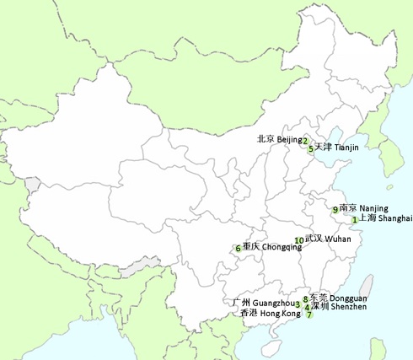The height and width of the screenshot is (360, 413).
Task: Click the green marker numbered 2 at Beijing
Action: [305, 141]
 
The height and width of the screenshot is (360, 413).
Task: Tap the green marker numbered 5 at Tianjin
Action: [311, 149]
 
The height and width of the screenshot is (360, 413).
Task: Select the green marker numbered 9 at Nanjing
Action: [335, 209]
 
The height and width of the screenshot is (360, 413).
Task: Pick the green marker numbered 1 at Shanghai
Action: [354, 220]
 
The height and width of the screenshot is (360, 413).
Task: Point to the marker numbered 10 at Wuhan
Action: [299, 240]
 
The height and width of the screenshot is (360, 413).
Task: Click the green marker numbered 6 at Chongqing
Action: [239, 249]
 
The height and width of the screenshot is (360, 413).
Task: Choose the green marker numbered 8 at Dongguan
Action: [305, 298]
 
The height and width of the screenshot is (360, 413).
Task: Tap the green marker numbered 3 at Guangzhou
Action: [298, 305]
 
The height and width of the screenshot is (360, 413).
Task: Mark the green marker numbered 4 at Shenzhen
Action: [307, 307]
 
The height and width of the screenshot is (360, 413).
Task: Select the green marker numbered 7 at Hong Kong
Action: [309, 315]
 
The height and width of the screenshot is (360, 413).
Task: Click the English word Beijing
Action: [289, 139]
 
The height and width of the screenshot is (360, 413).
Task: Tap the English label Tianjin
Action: [346, 148]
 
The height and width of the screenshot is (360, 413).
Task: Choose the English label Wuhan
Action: [338, 239]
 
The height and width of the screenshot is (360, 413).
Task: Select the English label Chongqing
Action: [281, 248]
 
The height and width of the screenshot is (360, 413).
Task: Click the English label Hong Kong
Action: [280, 314]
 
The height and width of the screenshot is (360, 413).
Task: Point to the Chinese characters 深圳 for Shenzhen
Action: [320, 307]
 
